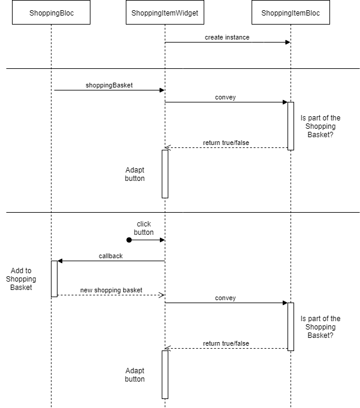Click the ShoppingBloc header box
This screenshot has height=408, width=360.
pyautogui.click(x=51, y=13)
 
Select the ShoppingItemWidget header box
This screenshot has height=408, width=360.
pyautogui.click(x=165, y=13)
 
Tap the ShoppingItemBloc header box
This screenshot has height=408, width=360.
pyautogui.click(x=291, y=13)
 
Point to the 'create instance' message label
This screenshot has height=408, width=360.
pyautogui.click(x=227, y=37)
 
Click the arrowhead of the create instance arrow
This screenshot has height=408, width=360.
pyautogui.click(x=288, y=42)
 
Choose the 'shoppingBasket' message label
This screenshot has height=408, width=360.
pyautogui.click(x=109, y=85)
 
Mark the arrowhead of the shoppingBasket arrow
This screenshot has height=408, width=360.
pyautogui.click(x=162, y=90)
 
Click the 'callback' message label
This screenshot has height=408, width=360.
pyautogui.click(x=111, y=256)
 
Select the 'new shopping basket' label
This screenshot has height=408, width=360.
pyautogui.click(x=111, y=290)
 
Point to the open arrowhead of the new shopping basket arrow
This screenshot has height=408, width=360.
pyautogui.click(x=161, y=295)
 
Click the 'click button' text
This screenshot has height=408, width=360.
pyautogui.click(x=144, y=228)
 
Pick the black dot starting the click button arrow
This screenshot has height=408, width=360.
pyautogui.click(x=129, y=240)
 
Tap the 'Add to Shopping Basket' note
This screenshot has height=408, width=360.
pyautogui.click(x=21, y=279)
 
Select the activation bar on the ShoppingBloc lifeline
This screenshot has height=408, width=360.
pyautogui.click(x=54, y=279)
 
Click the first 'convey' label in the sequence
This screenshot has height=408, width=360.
pyautogui.click(x=225, y=97)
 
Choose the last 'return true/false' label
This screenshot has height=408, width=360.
pyautogui.click(x=226, y=343)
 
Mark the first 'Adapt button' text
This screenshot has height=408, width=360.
pyautogui.click(x=135, y=174)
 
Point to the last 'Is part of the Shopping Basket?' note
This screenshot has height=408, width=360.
pyautogui.click(x=320, y=327)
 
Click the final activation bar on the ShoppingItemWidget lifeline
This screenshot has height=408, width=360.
pyautogui.click(x=165, y=374)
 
